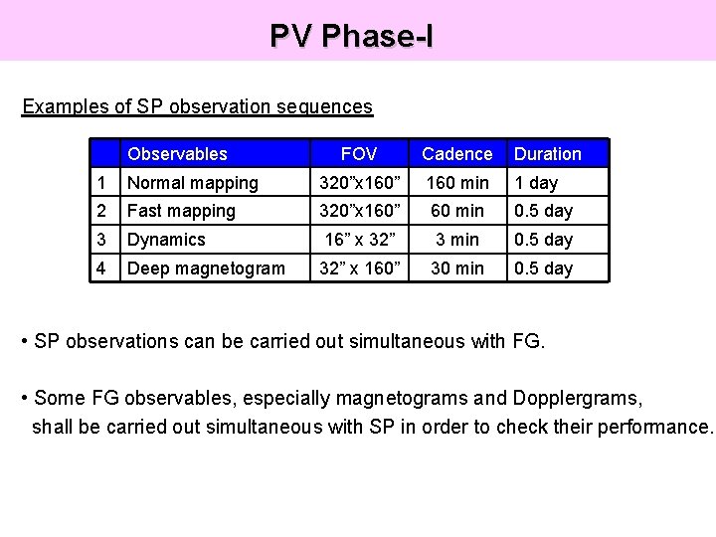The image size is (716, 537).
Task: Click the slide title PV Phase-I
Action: pyautogui.click(x=351, y=36)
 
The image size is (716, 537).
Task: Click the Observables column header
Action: pyautogui.click(x=177, y=154)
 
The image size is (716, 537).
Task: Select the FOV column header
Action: pyautogui.click(x=358, y=154)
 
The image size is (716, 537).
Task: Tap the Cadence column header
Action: pyautogui.click(x=456, y=154)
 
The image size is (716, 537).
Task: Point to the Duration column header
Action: pyautogui.click(x=547, y=154)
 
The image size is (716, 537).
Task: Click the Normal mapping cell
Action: pyautogui.click(x=192, y=183)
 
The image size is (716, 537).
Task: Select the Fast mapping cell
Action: pyautogui.click(x=181, y=211)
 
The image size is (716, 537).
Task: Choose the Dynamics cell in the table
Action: pyautogui.click(x=166, y=240)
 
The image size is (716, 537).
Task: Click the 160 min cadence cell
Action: pyautogui.click(x=456, y=183)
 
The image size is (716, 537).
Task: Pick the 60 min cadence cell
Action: pyautogui.click(x=456, y=211)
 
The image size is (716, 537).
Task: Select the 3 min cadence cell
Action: pyautogui.click(x=456, y=240)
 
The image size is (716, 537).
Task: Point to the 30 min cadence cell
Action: pyautogui.click(x=456, y=268)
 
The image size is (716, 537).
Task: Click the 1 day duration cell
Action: pyautogui.click(x=536, y=183)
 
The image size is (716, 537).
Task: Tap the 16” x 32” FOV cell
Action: pyautogui.click(x=358, y=240)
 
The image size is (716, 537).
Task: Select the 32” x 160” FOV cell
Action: pyautogui.click(x=358, y=268)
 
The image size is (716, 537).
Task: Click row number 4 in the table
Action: pyautogui.click(x=102, y=268)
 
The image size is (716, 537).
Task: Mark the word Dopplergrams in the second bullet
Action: pyautogui.click(x=577, y=399)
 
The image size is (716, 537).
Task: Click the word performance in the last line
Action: pyautogui.click(x=655, y=428)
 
